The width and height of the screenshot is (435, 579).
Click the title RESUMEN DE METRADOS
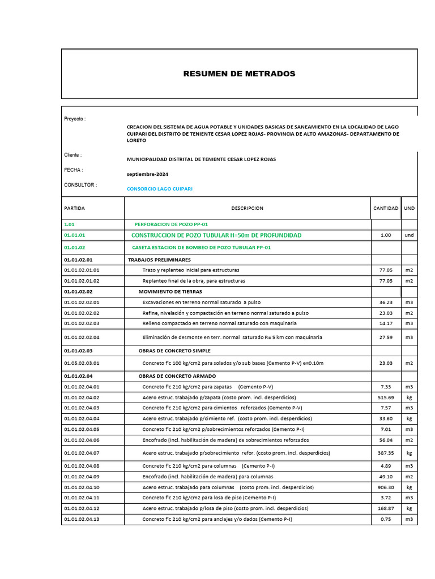239,74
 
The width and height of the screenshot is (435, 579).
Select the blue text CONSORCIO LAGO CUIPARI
159,189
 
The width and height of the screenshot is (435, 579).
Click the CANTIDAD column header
385,209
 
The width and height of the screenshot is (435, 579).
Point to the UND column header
409,209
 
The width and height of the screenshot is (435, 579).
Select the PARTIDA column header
74,209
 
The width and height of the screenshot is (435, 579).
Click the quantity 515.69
386,397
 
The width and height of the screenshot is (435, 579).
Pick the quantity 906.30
386,487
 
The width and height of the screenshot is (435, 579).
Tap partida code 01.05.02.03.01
82,363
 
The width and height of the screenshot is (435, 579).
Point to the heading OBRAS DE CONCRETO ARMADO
177,376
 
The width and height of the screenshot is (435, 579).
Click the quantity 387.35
386,453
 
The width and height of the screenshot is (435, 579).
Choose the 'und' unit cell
409,235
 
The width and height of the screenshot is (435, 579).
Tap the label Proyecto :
75,119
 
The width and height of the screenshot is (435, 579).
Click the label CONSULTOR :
80,185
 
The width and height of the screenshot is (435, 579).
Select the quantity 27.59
386,338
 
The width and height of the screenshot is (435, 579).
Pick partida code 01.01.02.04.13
82,519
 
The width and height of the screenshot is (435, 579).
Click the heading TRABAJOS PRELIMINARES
159,260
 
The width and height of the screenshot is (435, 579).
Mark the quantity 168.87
386,508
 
